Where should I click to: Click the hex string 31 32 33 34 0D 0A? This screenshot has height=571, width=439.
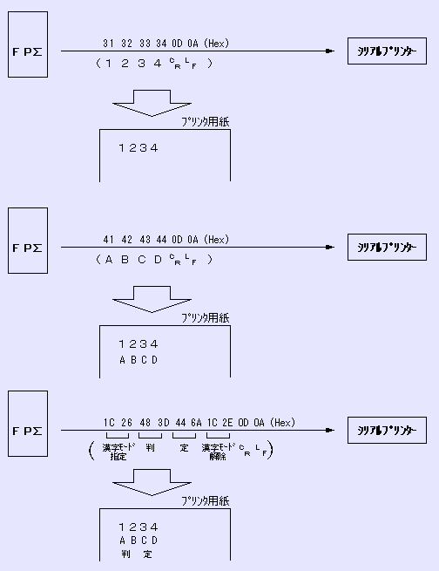165,44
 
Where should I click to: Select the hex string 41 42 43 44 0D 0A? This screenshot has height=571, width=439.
165,240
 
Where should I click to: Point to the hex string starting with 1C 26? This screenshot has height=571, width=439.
199,424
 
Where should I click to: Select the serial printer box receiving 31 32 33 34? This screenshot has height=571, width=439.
383,51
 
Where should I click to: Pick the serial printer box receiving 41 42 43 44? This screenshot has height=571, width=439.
383,248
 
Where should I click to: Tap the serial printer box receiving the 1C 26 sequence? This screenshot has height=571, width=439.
383,431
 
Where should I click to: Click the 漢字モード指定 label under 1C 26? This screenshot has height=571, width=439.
118,452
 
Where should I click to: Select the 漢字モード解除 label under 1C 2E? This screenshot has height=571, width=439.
218,452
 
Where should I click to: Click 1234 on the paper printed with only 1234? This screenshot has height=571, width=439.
138,148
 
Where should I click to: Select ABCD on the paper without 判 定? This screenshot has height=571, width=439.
138,359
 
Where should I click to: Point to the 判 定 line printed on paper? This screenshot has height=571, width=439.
138,554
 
